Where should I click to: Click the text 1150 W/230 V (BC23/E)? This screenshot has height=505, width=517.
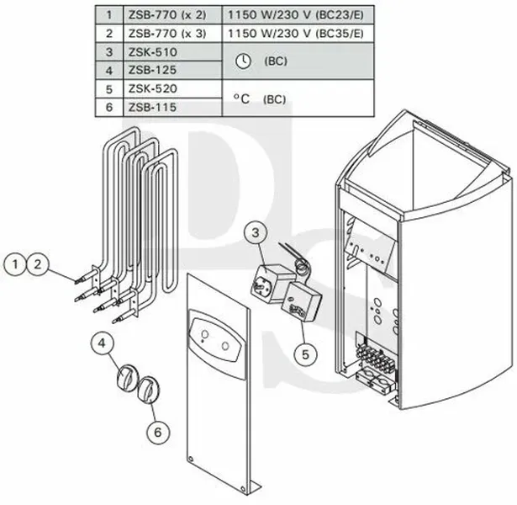(x=296, y=15)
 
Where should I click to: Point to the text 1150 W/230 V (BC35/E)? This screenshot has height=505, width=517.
(x=296, y=34)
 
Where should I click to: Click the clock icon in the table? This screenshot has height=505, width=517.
(x=244, y=61)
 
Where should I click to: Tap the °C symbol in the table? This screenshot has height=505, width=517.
(x=241, y=98)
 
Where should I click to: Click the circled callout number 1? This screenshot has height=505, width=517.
(x=15, y=264)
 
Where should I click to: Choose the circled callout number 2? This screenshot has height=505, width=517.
(x=38, y=264)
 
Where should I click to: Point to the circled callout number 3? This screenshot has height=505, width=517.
(x=256, y=233)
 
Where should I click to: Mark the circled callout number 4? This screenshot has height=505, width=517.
(x=102, y=343)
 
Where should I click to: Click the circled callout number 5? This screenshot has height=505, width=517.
(x=305, y=354)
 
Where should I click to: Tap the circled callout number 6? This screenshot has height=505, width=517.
(x=158, y=432)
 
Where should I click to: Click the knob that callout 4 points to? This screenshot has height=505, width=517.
(x=127, y=378)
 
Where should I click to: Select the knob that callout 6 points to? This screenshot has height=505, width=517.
(x=148, y=390)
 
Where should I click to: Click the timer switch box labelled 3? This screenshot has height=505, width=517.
(x=272, y=283)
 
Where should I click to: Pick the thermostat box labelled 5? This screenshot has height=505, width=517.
(x=301, y=301)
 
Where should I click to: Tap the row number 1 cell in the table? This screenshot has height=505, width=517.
(x=109, y=15)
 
